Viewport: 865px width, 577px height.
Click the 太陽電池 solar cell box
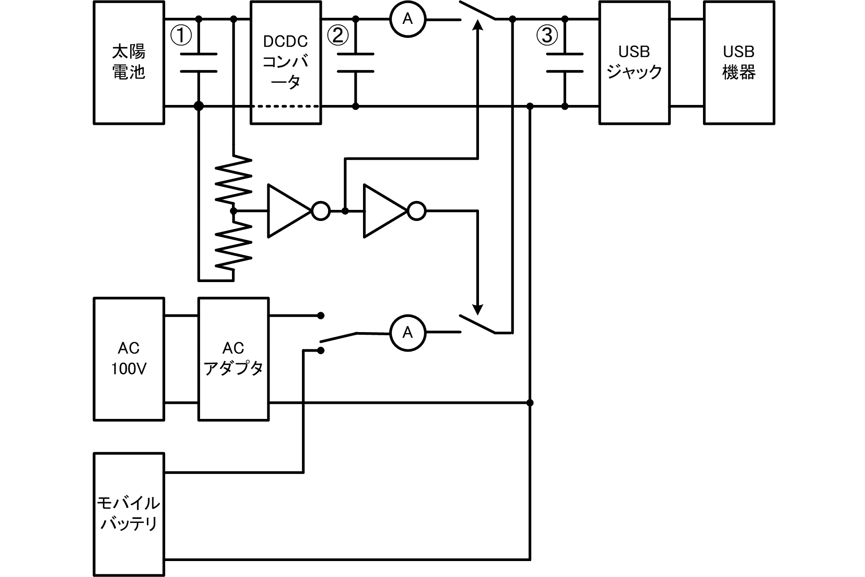pyautogui.click(x=129, y=62)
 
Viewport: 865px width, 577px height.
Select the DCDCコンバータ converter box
pyautogui.click(x=286, y=62)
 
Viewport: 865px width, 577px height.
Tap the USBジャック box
pyautogui.click(x=634, y=62)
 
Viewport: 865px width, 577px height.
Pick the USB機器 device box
pyautogui.click(x=739, y=62)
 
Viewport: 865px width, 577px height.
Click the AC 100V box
pyautogui.click(x=129, y=359)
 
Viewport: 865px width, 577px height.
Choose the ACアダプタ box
pyautogui.click(x=233, y=359)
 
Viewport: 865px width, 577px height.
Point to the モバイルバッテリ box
pyautogui.click(x=129, y=514)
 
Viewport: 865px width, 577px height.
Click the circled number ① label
pyautogui.click(x=181, y=35)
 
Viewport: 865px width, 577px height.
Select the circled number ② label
pyautogui.click(x=338, y=35)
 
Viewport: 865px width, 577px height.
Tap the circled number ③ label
pyautogui.click(x=547, y=35)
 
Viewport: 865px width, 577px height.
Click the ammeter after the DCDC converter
pyautogui.click(x=407, y=19)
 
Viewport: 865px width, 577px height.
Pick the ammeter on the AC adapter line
pyautogui.click(x=407, y=333)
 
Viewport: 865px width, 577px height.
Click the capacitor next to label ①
pyautogui.click(x=199, y=62)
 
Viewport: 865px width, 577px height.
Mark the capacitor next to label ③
pyautogui.click(x=564, y=62)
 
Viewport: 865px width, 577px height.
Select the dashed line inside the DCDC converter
pyautogui.click(x=286, y=107)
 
